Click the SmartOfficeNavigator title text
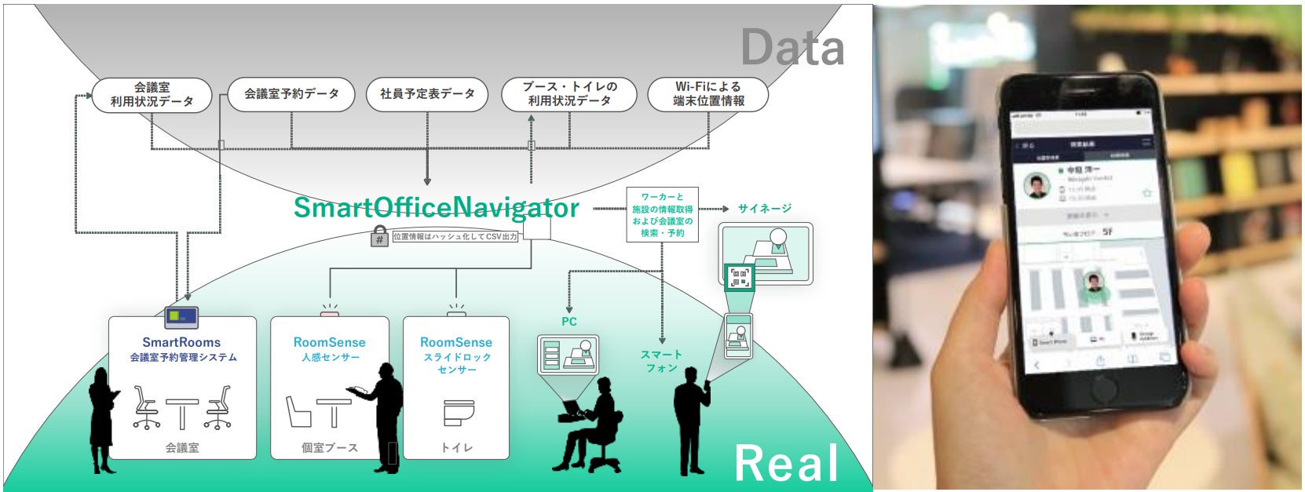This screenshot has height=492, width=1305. click(x=436, y=207)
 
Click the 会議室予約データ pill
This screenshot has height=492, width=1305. click(x=291, y=94)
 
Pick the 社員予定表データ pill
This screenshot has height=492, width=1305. click(x=427, y=94)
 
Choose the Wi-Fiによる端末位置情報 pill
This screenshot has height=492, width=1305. click(x=707, y=94)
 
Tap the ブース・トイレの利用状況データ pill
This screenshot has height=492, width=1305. click(x=569, y=94)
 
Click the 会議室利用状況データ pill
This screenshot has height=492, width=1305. click(x=152, y=94)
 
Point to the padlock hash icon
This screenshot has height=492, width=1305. click(x=379, y=236)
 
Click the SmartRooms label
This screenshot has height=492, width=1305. click(x=181, y=342)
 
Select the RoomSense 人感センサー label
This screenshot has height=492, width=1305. click(x=330, y=349)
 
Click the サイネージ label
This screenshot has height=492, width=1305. click(x=764, y=209)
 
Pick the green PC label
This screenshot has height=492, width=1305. click(x=568, y=322)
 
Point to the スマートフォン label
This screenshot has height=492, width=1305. click(x=661, y=361)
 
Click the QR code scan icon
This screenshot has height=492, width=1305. click(x=738, y=276)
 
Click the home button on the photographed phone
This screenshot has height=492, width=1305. click(x=1105, y=390)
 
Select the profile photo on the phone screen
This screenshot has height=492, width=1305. click(x=1038, y=187)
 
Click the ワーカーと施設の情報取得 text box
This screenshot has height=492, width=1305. click(x=662, y=214)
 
